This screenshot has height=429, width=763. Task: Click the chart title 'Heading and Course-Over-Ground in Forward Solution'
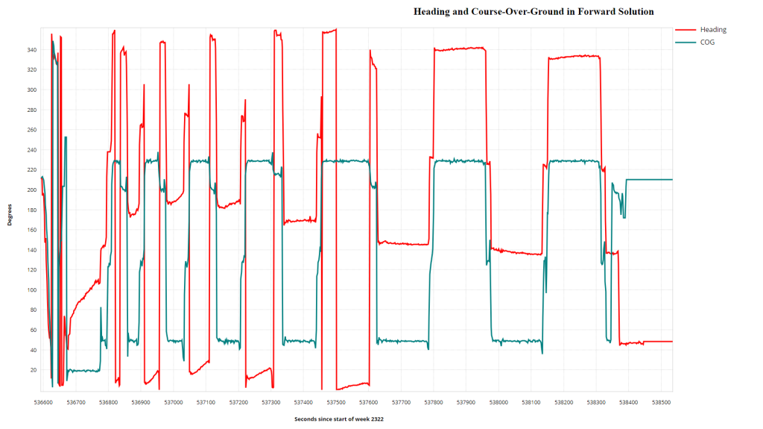(x=534, y=12)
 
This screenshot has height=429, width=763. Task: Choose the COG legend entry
(x=707, y=42)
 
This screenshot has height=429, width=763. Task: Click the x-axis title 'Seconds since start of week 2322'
(x=339, y=419)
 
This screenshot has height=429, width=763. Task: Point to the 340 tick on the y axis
(x=32, y=50)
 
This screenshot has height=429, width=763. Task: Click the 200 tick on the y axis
(x=32, y=190)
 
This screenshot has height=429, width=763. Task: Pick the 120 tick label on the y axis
(x=32, y=270)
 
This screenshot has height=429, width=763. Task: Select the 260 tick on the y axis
(x=32, y=130)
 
